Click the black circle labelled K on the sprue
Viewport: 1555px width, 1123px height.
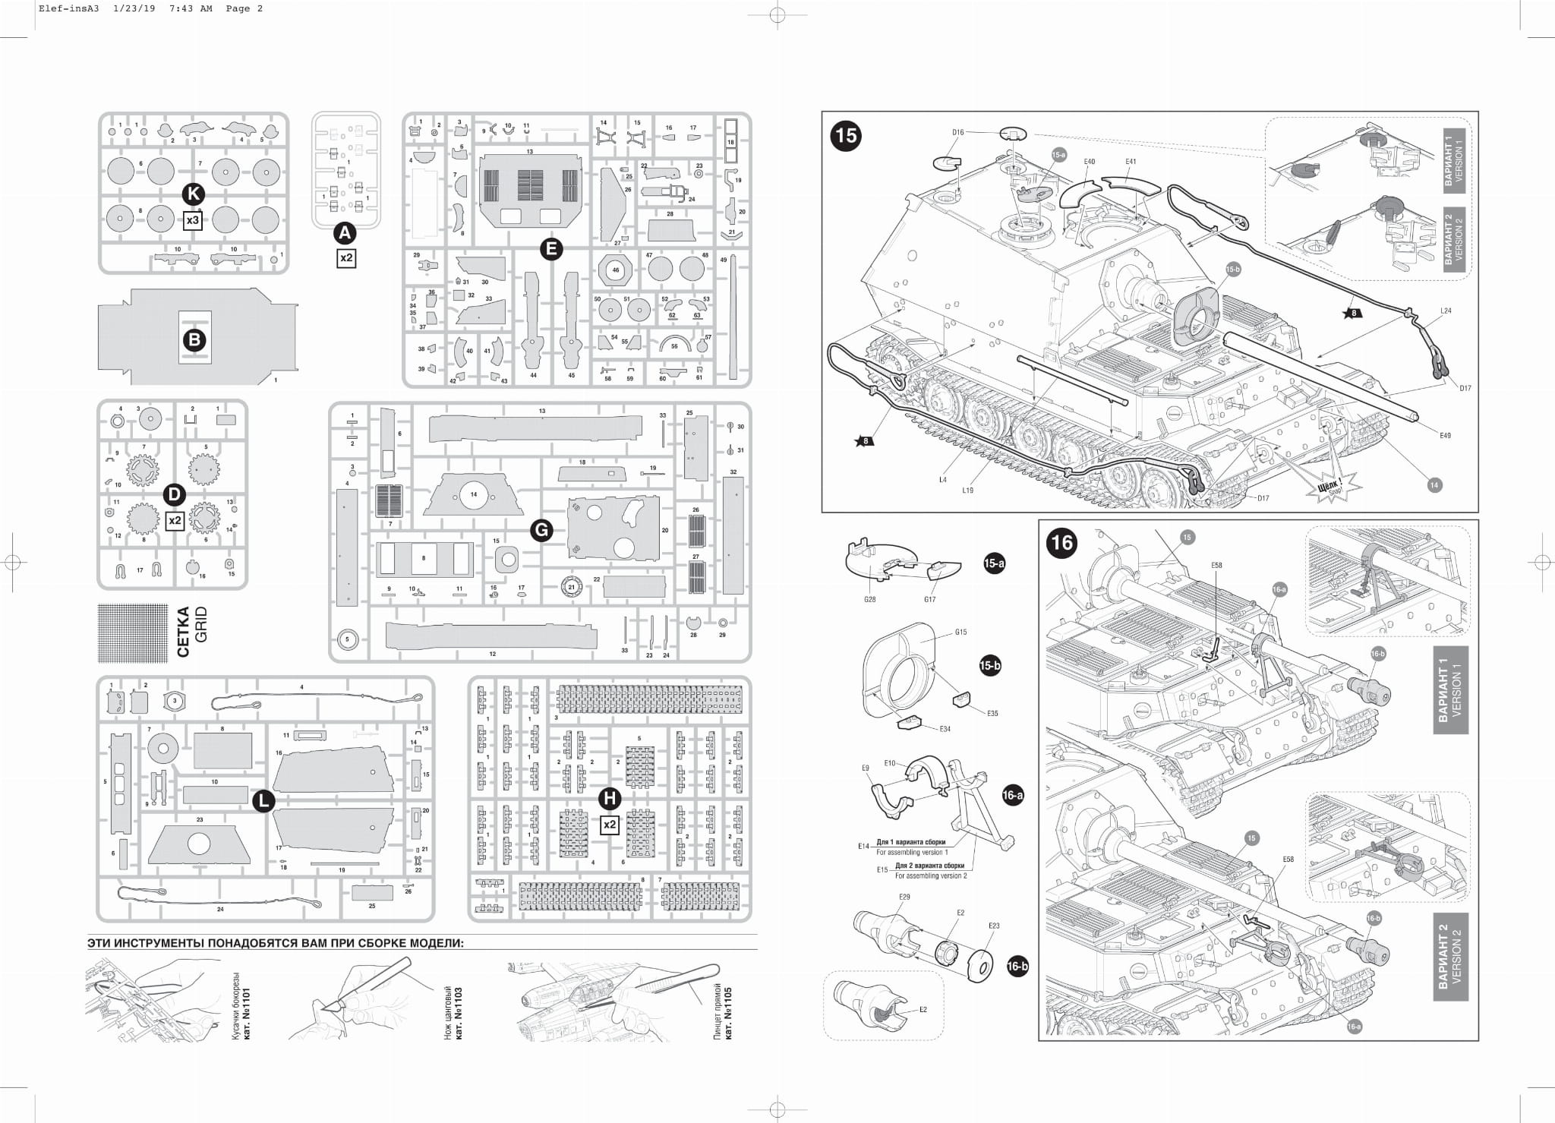[193, 194]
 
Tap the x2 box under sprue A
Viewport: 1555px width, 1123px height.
[346, 258]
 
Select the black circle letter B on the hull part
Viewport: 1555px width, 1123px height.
[194, 339]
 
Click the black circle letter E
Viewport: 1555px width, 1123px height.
[551, 248]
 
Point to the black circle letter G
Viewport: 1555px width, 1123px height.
[541, 530]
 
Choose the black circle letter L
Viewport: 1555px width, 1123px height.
[263, 800]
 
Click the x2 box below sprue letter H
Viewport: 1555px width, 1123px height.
[609, 825]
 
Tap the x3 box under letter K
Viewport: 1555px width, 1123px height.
[193, 220]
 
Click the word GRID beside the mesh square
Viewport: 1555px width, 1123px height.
[201, 625]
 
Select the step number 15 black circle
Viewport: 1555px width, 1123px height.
[846, 135]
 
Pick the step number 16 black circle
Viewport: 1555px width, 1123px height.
[1062, 543]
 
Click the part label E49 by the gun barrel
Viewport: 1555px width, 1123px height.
[1445, 435]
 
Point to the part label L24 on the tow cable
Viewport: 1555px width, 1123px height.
[1446, 311]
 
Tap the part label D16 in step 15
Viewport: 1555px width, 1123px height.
[957, 132]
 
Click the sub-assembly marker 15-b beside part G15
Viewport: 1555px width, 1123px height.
[990, 666]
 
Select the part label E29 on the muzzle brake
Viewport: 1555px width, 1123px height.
[904, 897]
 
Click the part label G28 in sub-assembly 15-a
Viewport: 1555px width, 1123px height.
[869, 599]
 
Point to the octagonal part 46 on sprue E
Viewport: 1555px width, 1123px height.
[615, 270]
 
